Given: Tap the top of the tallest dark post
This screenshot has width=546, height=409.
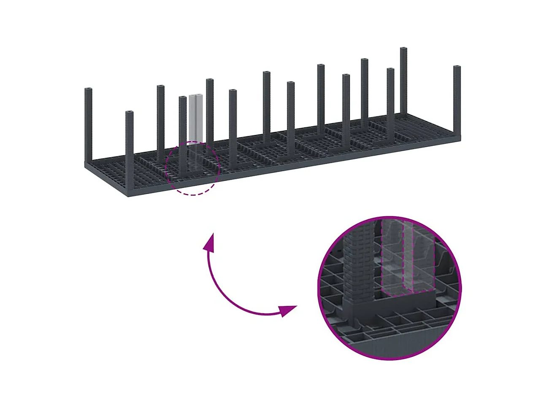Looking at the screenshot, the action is click(x=403, y=50).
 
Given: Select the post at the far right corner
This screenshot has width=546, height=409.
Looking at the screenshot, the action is click(x=457, y=101).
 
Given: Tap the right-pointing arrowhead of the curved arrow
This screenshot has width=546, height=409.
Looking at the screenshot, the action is click(x=289, y=311).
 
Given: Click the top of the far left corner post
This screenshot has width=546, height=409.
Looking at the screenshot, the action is click(x=88, y=90).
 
